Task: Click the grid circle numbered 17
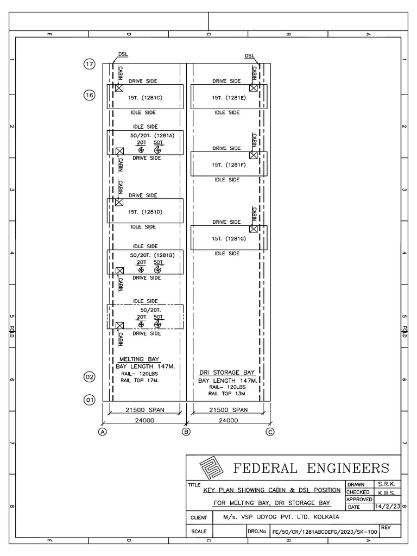(89, 64)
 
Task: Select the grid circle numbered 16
(89, 95)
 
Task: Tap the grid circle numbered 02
(89, 376)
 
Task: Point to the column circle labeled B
(186, 432)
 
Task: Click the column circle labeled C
(270, 432)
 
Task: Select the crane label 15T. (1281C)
(145, 98)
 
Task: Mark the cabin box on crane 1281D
(119, 202)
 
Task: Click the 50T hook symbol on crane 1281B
(158, 269)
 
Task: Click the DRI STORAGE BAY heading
(226, 373)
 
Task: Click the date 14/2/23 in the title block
(387, 507)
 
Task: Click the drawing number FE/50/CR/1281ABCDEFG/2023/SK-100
(324, 533)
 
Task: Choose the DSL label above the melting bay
(123, 55)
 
